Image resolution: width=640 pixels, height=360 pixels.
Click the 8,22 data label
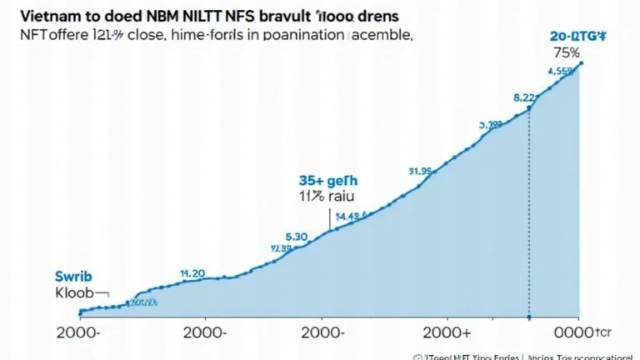[x=524, y=97]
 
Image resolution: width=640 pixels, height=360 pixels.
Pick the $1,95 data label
[x=420, y=172]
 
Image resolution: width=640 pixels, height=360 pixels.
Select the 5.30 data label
[x=297, y=236]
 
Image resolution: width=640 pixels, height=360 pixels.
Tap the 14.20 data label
[x=193, y=272]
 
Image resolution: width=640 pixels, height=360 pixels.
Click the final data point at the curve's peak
[x=581, y=62]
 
